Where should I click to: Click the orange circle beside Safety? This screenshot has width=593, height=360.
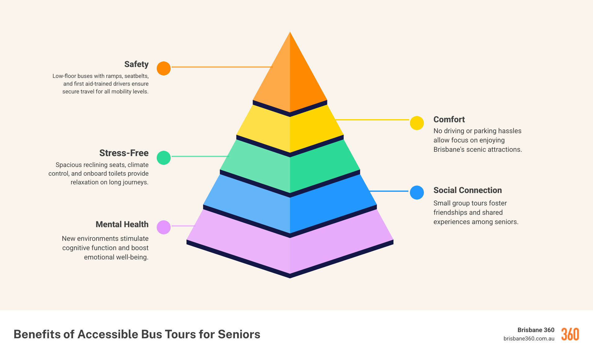[164, 68]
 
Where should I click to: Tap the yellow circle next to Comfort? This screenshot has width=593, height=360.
[417, 123]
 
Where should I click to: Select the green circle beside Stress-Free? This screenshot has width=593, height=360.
[164, 158]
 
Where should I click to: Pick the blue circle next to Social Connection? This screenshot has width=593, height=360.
[417, 192]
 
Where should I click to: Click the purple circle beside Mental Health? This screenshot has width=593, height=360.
[164, 227]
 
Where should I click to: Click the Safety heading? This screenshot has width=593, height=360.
[136, 64]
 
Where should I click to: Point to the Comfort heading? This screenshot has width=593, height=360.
[449, 119]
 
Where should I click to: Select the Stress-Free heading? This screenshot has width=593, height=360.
[124, 153]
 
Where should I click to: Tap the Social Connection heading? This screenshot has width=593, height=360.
[467, 190]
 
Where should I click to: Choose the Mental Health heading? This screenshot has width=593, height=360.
[122, 224]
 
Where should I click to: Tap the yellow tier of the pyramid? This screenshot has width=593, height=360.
[290, 130]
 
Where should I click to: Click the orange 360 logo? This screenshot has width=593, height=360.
[570, 334]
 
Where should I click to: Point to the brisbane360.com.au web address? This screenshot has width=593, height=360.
[529, 339]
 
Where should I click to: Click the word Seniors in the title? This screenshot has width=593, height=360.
[239, 334]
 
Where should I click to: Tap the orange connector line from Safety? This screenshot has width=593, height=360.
[222, 67]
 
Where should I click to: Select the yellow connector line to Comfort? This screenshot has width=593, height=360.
[372, 119]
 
